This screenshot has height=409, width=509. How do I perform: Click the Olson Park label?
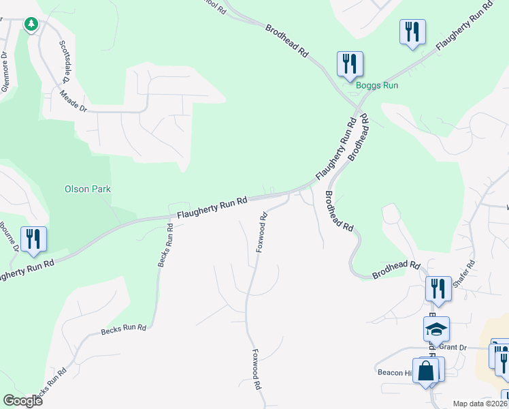(x=87, y=189)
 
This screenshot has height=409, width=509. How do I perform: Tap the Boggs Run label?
(x=376, y=85)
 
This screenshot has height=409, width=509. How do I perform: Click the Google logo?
(x=22, y=400)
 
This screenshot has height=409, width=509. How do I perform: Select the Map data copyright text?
(x=480, y=404)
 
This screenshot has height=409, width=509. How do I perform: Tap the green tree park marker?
(x=31, y=25)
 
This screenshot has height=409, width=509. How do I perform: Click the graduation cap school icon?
(x=436, y=329)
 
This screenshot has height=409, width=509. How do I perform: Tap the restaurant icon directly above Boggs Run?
(x=350, y=64)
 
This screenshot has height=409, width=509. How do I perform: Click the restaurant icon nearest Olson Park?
(x=33, y=239)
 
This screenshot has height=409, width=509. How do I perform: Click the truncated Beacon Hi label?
(x=395, y=372)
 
